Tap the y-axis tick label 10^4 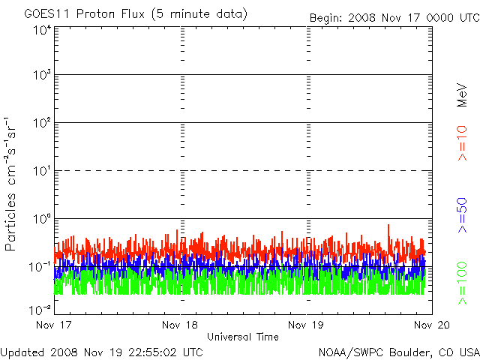41,31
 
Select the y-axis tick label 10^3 41,76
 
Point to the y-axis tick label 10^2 41,123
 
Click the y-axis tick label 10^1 41,171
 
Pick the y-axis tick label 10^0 41,219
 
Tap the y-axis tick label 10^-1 40,266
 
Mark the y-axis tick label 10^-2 40,309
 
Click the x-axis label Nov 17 55,325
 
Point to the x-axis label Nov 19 306,325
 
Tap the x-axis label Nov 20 432,325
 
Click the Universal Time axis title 241,337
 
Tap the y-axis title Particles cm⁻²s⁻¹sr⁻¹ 13,184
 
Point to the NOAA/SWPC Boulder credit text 398,351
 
